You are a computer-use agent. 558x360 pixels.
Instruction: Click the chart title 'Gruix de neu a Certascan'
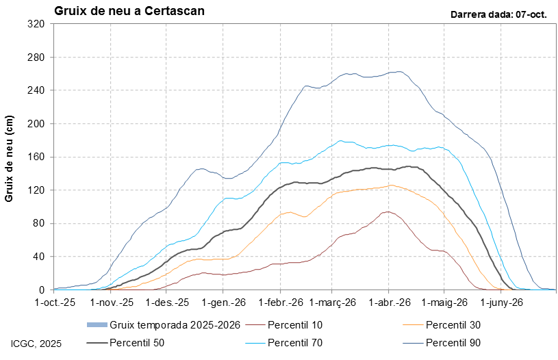(129, 12)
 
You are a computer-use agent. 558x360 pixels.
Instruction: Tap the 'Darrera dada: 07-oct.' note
(498, 14)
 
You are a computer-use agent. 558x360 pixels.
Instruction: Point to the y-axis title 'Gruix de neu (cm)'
(10, 157)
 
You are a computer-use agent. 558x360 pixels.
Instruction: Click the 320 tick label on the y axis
(36, 24)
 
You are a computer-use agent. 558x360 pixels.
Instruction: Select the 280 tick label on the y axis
(36, 57)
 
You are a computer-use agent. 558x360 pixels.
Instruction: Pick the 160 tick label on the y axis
(36, 157)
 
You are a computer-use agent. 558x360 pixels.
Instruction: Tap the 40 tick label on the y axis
(38, 257)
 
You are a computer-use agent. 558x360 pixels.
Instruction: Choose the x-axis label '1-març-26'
(333, 302)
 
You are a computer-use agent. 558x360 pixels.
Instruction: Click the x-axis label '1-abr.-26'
(389, 302)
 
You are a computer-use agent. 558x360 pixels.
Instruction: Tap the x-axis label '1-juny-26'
(501, 302)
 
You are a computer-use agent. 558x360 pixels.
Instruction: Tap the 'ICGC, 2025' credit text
(36, 343)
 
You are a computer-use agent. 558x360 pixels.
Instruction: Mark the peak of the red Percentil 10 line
(388, 211)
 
